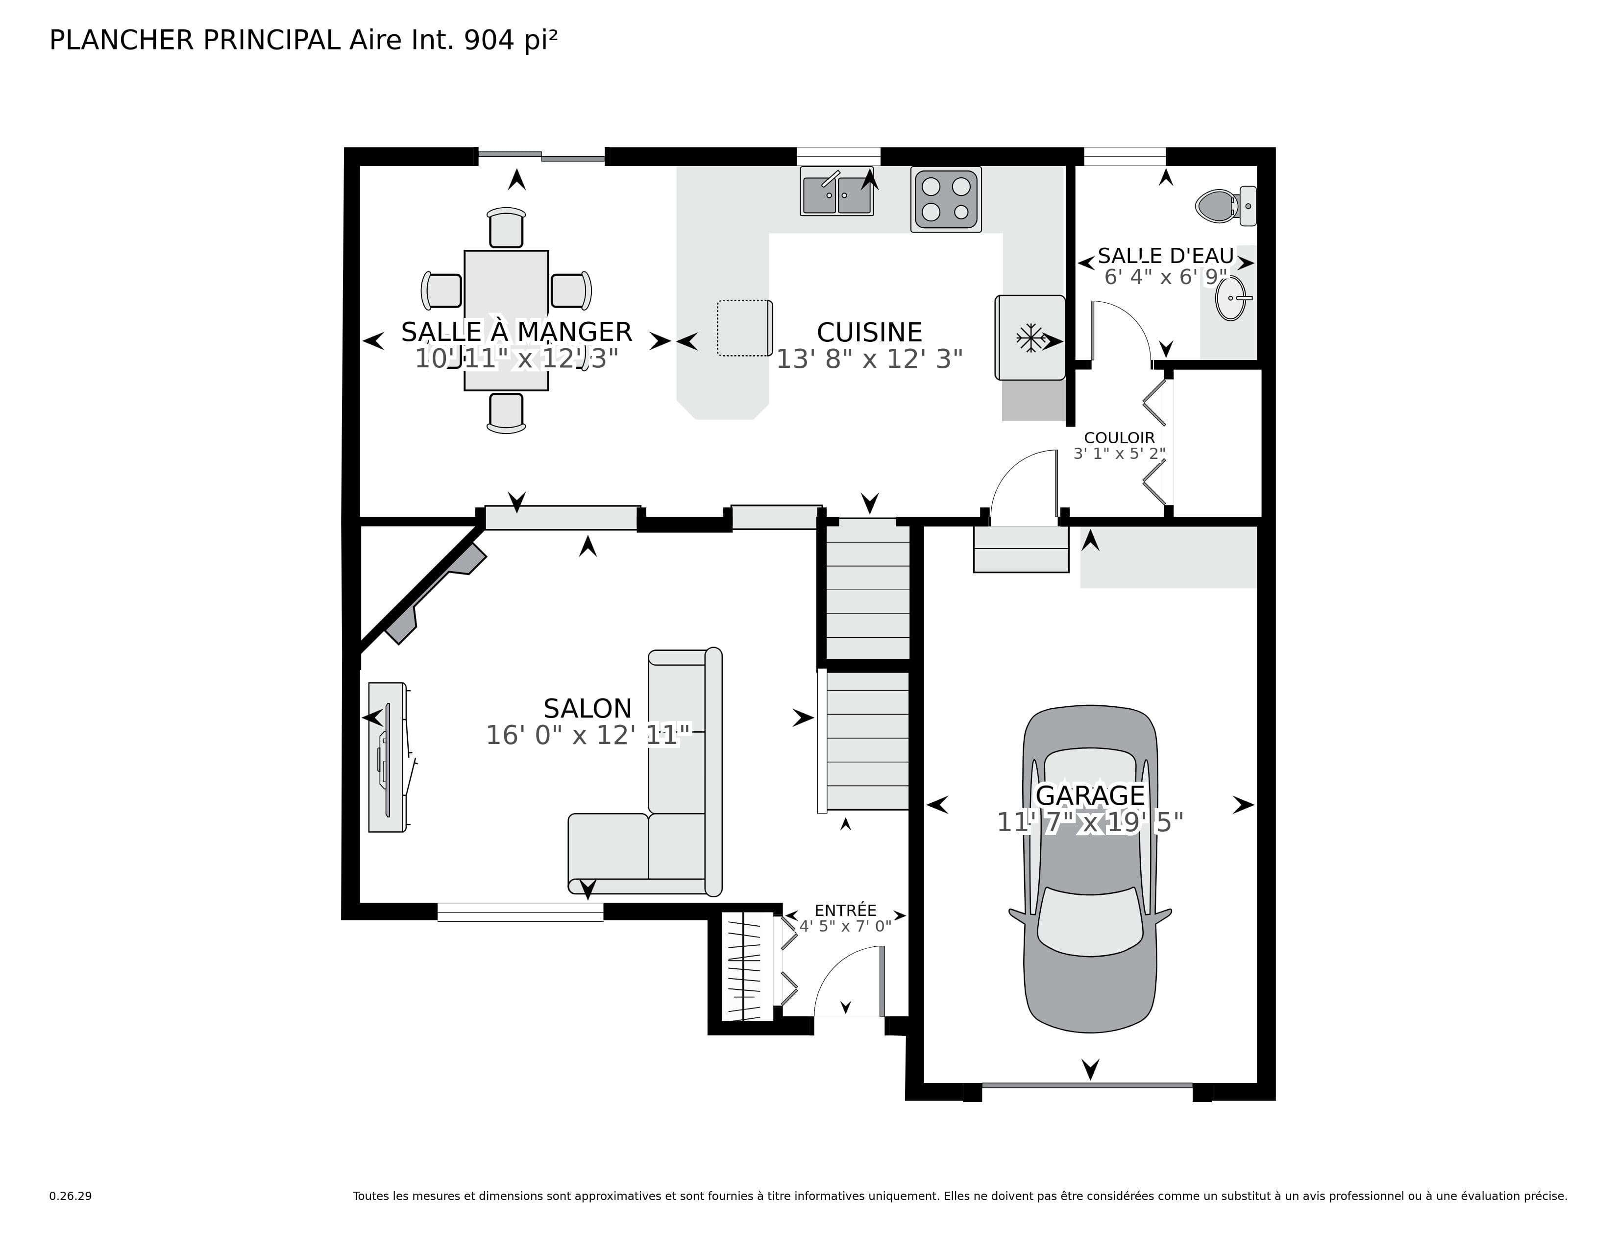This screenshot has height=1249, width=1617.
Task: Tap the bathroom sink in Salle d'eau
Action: pyautogui.click(x=1232, y=299)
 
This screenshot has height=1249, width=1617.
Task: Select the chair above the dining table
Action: pyautogui.click(x=507, y=227)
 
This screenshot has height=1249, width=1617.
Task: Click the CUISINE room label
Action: pyautogui.click(x=869, y=332)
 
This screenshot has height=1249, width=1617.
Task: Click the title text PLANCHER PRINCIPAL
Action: pyautogui.click(x=195, y=40)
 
